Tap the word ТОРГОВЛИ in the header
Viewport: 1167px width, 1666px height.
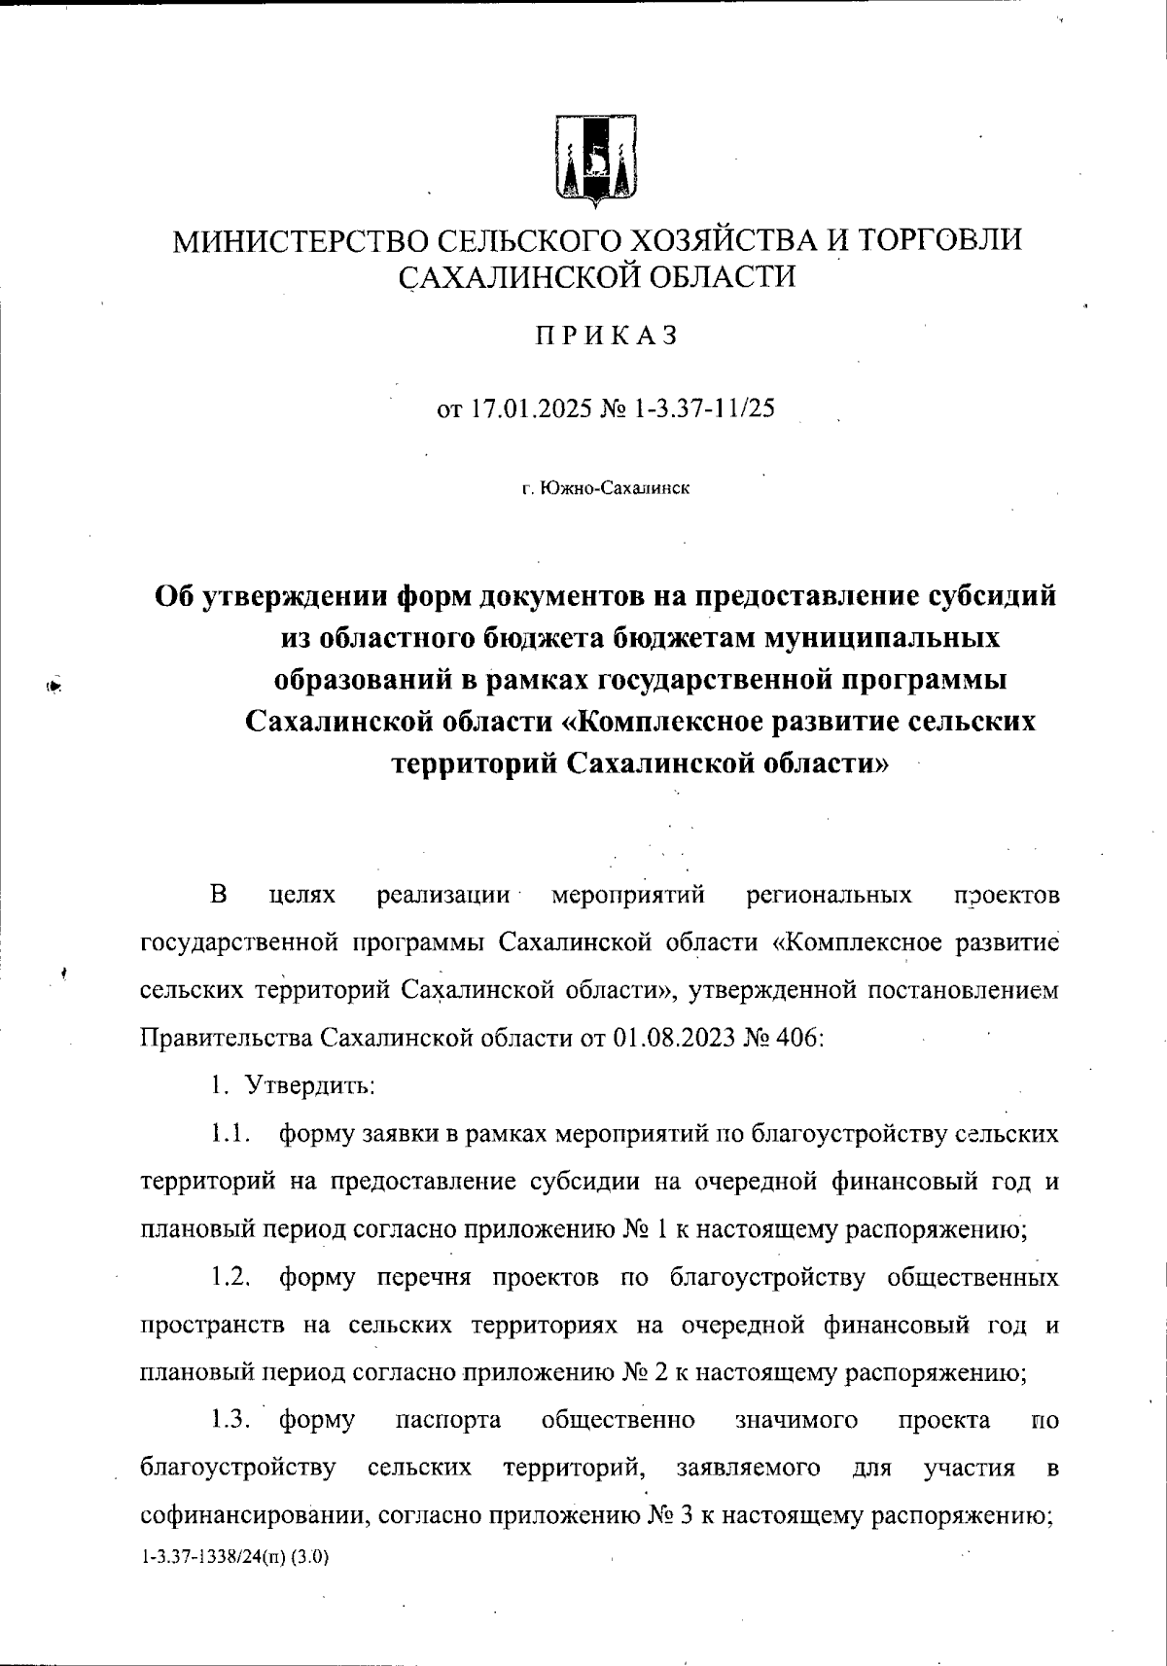click(x=932, y=240)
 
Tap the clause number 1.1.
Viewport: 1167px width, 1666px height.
click(x=233, y=1133)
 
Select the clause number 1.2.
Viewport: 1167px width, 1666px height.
click(x=233, y=1276)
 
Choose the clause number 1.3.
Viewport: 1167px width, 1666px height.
click(x=233, y=1420)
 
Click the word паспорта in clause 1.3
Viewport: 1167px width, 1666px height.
click(x=449, y=1420)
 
